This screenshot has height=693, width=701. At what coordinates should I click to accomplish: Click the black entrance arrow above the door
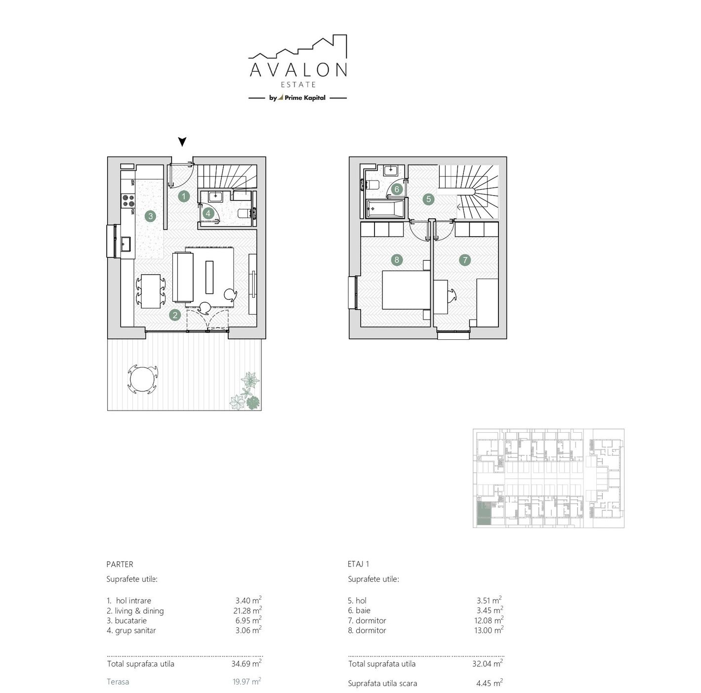[x=182, y=141]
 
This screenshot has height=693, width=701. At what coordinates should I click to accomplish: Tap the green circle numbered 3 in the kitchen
[x=150, y=216]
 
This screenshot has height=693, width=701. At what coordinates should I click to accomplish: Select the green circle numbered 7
[x=464, y=260]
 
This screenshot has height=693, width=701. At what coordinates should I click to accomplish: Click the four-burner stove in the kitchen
[x=128, y=201]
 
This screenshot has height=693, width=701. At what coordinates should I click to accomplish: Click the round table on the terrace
[x=142, y=379]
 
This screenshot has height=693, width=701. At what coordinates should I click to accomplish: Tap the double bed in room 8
[x=406, y=290]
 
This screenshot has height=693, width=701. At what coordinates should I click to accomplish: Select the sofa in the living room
[x=183, y=277]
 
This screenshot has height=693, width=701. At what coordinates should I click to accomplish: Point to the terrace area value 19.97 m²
[x=247, y=681]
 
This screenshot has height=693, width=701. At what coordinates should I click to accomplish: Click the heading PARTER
[x=120, y=564]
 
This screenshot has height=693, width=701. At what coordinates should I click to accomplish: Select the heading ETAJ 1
[x=358, y=564]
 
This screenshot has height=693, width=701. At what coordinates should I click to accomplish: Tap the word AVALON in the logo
[x=298, y=70]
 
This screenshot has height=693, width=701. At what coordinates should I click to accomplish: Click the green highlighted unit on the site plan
[x=484, y=513]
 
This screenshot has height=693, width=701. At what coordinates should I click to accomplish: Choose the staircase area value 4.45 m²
[x=489, y=683]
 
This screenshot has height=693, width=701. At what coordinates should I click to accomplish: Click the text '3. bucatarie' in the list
[x=126, y=620]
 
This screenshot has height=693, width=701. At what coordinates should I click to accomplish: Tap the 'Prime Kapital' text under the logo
[x=305, y=97]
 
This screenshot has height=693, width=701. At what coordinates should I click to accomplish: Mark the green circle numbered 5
[x=428, y=199]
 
